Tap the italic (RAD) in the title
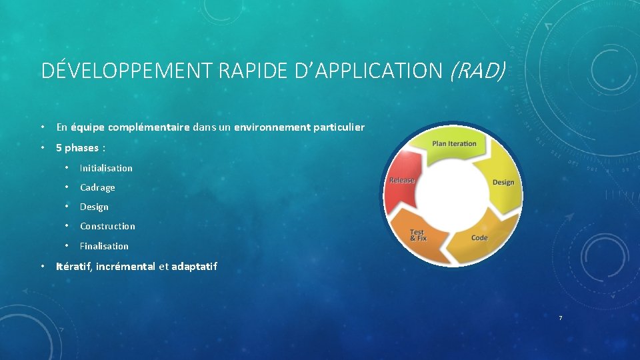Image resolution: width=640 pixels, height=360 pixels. pyautogui.click(x=478, y=70)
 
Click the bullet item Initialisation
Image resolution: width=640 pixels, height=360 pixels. pyautogui.click(x=106, y=168)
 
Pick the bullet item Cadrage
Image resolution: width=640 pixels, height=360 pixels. pyautogui.click(x=97, y=187)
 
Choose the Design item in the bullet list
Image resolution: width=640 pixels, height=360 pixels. pyautogui.click(x=94, y=207)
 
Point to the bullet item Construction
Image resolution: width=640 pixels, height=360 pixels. pyautogui.click(x=107, y=226)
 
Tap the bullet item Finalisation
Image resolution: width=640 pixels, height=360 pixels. pyautogui.click(x=104, y=246)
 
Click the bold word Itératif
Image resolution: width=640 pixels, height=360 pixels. pyautogui.click(x=74, y=267)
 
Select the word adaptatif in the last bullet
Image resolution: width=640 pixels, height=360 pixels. pyautogui.click(x=194, y=267)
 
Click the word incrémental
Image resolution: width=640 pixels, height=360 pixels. pyautogui.click(x=125, y=267)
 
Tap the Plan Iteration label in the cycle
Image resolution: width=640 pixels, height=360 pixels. pyautogui.click(x=454, y=143)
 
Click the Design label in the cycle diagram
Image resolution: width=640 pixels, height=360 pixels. pyautogui.click(x=503, y=182)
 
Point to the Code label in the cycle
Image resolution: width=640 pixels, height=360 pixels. pyautogui.click(x=479, y=238)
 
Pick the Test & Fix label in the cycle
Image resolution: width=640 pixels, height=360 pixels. pyautogui.click(x=418, y=235)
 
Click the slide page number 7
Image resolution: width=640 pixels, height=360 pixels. pyautogui.click(x=560, y=318)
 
